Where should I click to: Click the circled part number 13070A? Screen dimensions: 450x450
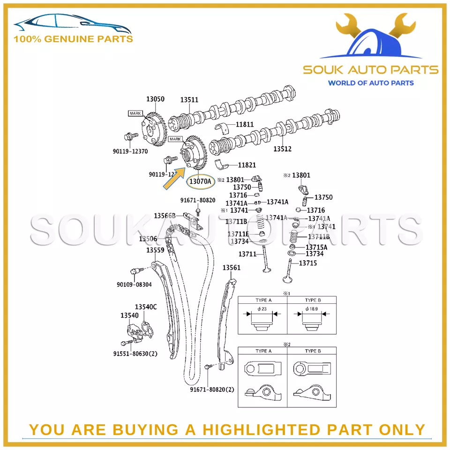tap(200, 181)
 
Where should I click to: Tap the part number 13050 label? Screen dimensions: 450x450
tap(155, 99)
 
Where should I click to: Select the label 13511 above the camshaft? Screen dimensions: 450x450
tap(190, 99)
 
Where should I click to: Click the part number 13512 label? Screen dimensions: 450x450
tap(283, 149)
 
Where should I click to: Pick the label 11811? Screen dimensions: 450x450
tap(245, 125)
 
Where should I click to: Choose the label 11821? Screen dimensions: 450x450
tap(247, 165)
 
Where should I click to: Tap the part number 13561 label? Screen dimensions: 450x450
tap(231, 268)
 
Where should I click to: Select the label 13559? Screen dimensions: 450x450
tap(155, 250)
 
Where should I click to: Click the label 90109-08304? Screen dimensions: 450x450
tap(134, 285)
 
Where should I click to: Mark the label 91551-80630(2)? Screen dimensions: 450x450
tap(135, 353)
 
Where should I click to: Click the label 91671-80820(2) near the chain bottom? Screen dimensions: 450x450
tap(212, 390)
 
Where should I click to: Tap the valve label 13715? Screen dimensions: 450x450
tap(308, 263)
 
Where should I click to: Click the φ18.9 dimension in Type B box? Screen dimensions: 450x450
tap(311, 309)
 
